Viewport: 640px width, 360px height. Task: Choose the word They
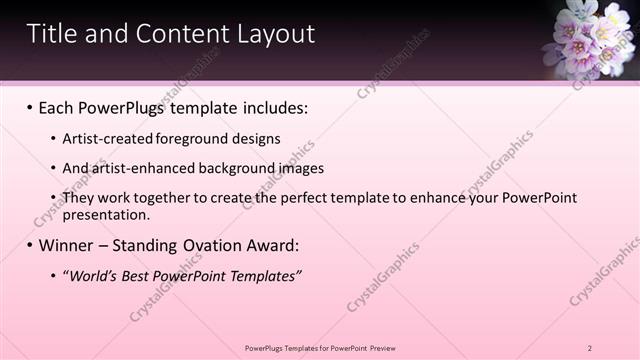click(79, 198)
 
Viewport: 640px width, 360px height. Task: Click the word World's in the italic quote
click(92, 276)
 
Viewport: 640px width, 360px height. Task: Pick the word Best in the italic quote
click(139, 276)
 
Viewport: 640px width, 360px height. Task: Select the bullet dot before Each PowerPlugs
click(29, 107)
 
